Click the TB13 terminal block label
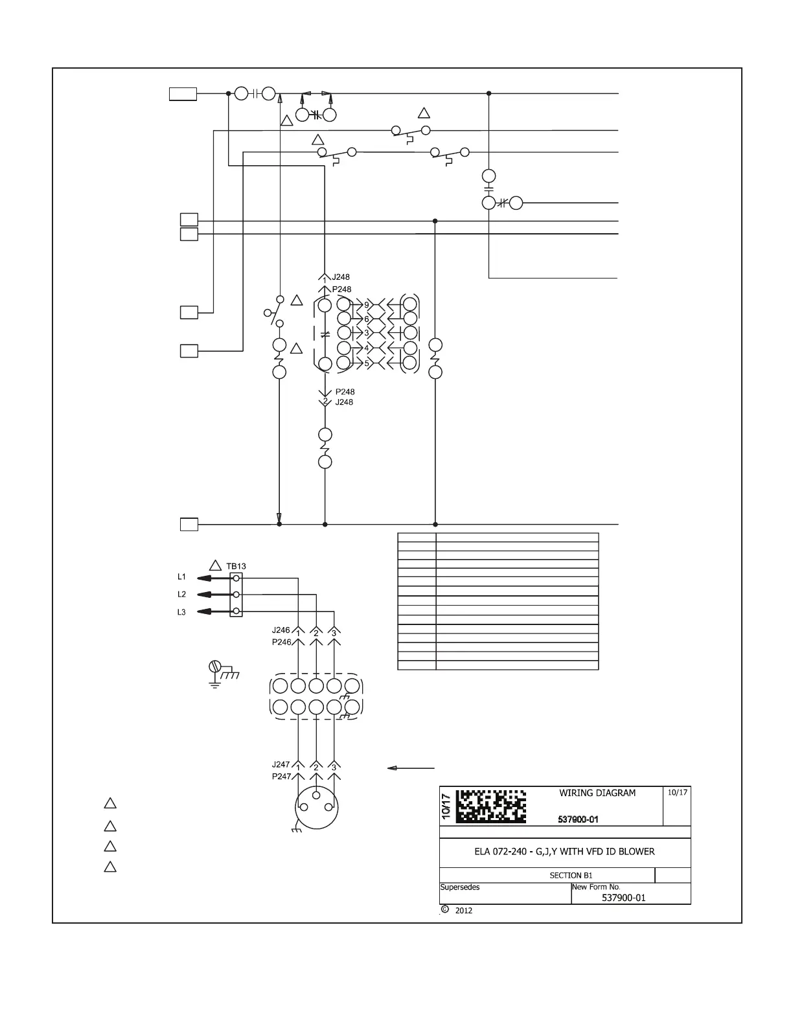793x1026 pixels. point(236,566)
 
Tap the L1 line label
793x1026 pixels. point(182,576)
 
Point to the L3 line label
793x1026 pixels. point(182,612)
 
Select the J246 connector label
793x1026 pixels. point(281,630)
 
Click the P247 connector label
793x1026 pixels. point(281,777)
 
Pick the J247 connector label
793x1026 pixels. point(281,765)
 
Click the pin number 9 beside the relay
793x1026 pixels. point(367,304)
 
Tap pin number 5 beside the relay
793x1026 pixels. point(367,363)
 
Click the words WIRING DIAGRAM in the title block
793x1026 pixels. point(597,793)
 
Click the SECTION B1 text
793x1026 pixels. point(571,875)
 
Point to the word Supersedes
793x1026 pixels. point(460,887)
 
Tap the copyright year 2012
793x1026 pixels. point(463,911)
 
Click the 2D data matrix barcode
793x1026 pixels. point(490,806)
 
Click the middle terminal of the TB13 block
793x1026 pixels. point(236,595)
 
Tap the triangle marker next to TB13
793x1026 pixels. point(216,565)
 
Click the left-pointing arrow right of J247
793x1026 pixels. point(411,768)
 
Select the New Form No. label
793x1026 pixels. point(596,887)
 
